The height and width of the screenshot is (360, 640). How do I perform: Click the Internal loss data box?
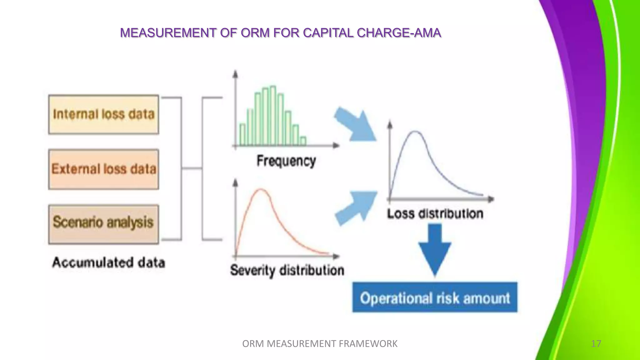coord(103,114)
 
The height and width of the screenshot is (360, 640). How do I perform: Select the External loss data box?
coord(103,169)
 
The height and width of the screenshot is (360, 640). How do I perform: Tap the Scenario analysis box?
coord(103,224)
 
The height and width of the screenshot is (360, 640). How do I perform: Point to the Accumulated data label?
coord(108,262)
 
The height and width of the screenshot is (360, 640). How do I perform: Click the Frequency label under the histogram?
coord(286,161)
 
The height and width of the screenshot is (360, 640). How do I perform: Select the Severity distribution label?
coord(287,270)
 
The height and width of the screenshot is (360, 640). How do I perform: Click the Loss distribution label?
coord(435,214)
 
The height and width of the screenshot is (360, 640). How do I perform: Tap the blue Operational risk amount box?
coord(435,297)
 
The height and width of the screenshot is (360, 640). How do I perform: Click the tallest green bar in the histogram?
coord(273,116)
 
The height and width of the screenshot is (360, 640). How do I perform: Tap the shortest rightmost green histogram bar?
coord(302,141)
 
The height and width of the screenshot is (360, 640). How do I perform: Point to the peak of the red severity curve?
coord(261,189)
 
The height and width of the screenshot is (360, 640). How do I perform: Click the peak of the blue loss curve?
coord(415,132)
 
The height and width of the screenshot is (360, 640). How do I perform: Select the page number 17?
coord(596,344)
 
